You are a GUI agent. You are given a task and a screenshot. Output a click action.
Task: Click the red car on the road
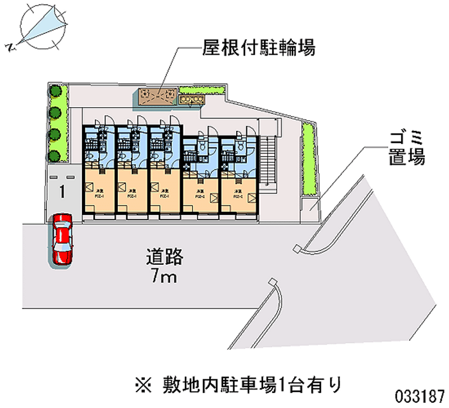pyautogui.click(x=62, y=239)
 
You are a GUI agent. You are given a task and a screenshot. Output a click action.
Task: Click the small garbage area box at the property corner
pyautogui.click(x=310, y=206)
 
